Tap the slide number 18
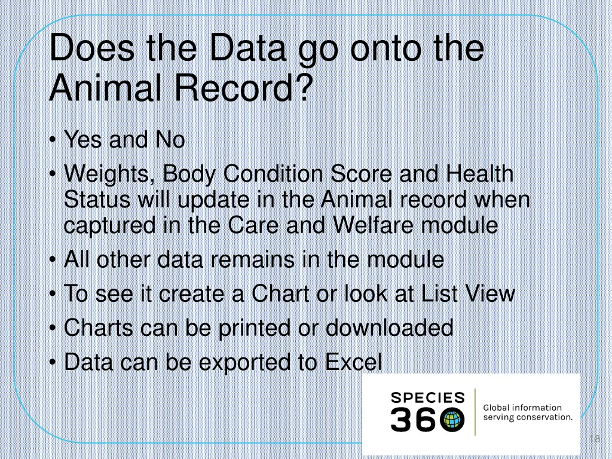pyautogui.click(x=594, y=440)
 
